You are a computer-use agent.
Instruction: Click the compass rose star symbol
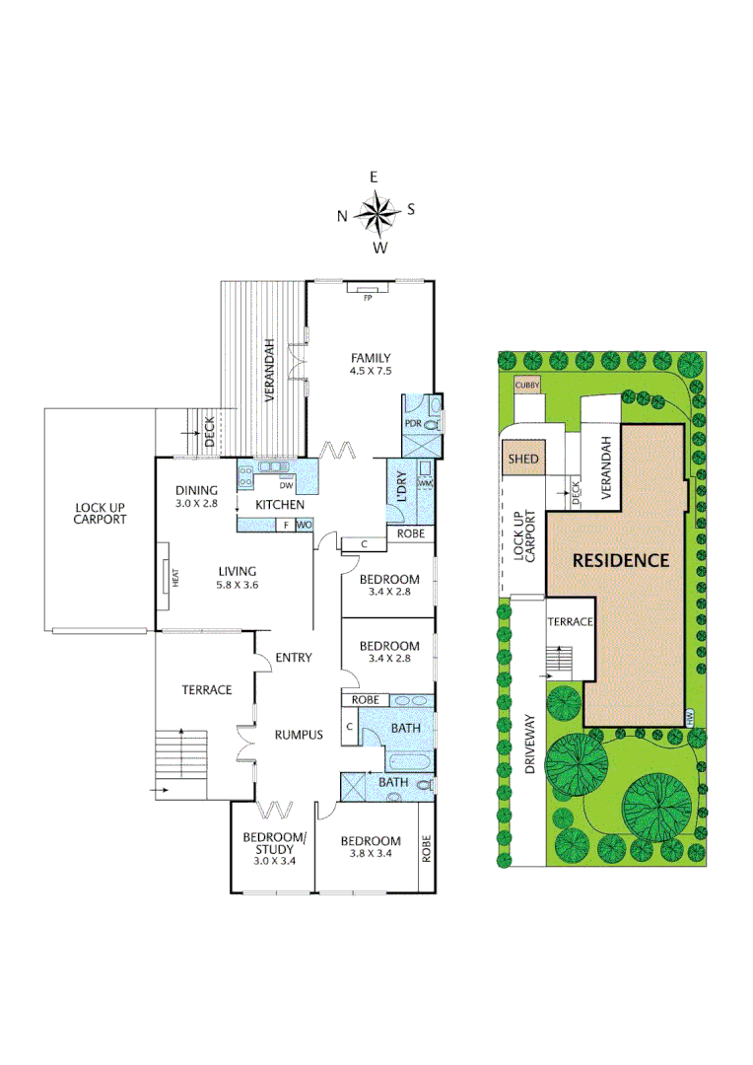point(375,211)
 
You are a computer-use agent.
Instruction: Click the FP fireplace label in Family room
point(369,296)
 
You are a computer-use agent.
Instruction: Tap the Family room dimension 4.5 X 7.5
point(371,372)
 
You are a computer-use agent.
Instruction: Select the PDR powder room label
point(414,424)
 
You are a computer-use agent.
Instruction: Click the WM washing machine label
point(425,483)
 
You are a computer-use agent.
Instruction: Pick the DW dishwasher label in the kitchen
point(287,485)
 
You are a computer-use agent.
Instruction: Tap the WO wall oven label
point(304,525)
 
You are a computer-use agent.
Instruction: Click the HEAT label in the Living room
point(175,579)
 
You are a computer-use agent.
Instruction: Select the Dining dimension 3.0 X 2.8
point(196,503)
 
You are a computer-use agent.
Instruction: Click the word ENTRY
point(294,658)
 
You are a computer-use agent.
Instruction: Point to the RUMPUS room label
point(299,734)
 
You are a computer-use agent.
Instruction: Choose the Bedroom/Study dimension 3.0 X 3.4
point(275,861)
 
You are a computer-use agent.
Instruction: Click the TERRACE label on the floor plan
point(207,689)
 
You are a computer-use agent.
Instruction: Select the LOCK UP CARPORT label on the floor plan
point(101,513)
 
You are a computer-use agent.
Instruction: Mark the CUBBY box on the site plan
point(527,387)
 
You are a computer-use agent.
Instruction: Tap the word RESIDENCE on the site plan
point(621,560)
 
